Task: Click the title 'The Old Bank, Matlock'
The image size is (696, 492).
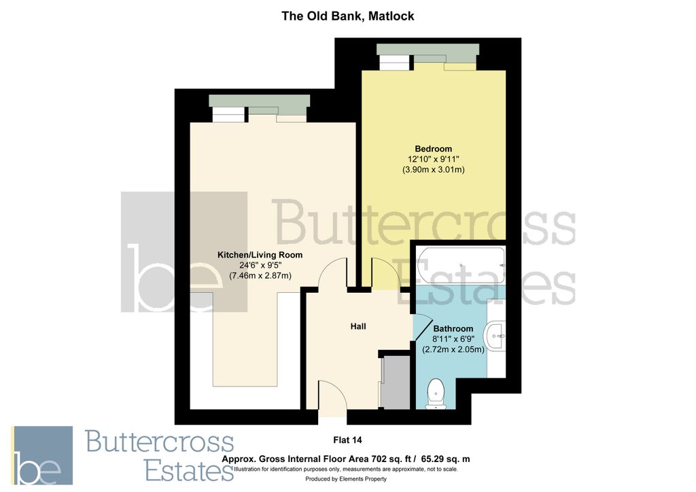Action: point(348,16)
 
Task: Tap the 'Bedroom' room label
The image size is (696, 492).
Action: point(433,149)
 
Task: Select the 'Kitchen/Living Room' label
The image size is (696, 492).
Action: point(260,255)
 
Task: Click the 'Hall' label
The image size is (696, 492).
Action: point(358,327)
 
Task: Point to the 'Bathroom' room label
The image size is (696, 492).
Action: point(453,329)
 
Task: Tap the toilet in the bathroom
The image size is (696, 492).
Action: point(434,393)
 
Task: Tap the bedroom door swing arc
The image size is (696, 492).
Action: point(379,273)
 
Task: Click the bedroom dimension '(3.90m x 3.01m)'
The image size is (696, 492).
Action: point(433,169)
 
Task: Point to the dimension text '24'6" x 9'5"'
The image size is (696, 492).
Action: point(260,265)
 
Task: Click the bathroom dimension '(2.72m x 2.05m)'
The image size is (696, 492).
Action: point(453,349)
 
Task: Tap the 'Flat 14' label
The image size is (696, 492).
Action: point(347,439)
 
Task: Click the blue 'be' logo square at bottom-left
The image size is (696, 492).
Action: point(41,455)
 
